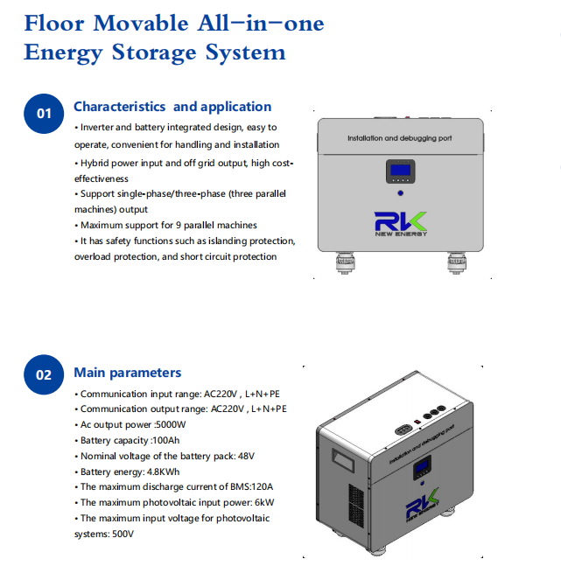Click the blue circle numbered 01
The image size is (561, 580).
44,114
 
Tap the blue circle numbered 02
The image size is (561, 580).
44,375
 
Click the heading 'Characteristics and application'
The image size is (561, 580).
172,107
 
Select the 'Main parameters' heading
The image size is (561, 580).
128,373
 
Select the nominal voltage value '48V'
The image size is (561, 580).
246,456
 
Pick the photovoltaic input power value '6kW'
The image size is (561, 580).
265,503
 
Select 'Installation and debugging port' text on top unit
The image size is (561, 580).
399,139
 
